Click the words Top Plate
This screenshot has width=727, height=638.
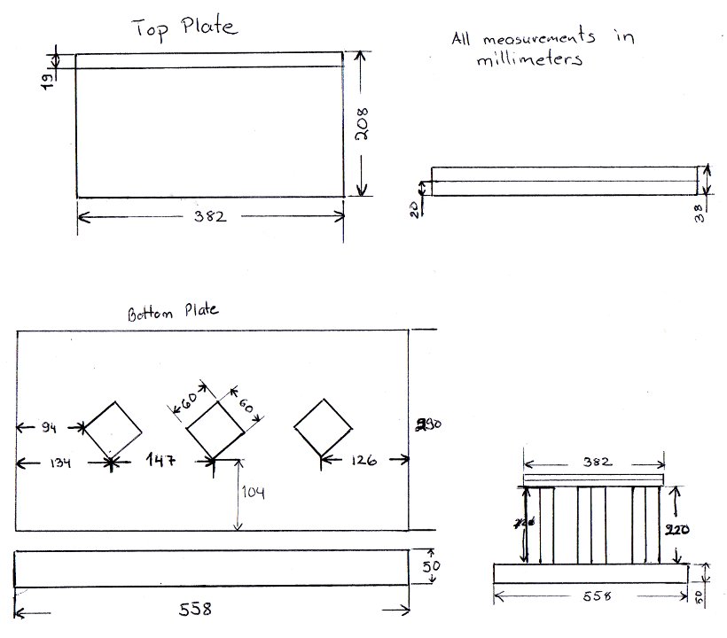coord(185,27)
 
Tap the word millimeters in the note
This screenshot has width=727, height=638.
coord(528,60)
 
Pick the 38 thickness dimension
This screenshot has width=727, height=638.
coord(700,213)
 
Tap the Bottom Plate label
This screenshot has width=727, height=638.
coord(173,311)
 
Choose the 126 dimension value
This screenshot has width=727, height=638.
coord(363,460)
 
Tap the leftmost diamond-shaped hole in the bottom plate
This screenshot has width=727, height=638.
coord(112,430)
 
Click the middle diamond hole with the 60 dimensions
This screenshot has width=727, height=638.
coord(215,429)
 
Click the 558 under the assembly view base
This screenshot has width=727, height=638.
coord(592,596)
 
